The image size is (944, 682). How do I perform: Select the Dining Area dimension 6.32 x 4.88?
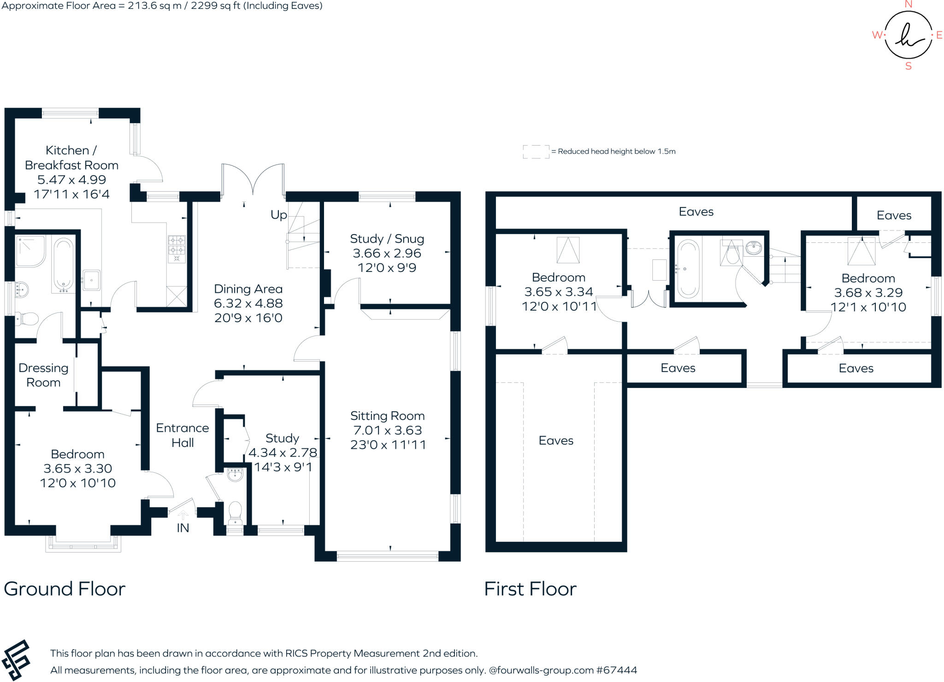(x=248, y=304)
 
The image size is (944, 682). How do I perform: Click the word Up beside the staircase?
(x=278, y=215)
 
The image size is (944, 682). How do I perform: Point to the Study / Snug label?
(x=387, y=239)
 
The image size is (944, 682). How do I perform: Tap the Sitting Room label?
(x=387, y=416)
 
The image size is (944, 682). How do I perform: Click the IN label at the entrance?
(x=183, y=528)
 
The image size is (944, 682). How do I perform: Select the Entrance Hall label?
(x=183, y=435)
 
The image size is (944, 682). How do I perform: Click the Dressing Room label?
(x=43, y=375)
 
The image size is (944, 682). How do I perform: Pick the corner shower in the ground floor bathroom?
(x=30, y=251)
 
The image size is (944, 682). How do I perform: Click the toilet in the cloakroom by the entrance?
(x=235, y=512)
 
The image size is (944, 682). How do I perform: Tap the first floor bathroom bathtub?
(x=688, y=269)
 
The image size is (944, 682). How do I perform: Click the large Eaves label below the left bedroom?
(x=556, y=441)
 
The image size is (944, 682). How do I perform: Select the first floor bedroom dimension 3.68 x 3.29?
(x=868, y=293)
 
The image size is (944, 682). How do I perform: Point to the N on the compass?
(x=909, y=5)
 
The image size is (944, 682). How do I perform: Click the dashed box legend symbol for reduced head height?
(x=536, y=152)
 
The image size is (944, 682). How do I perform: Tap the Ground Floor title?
(x=65, y=589)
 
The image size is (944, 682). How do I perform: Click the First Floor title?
(x=530, y=589)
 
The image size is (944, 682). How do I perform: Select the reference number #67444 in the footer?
(x=616, y=670)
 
